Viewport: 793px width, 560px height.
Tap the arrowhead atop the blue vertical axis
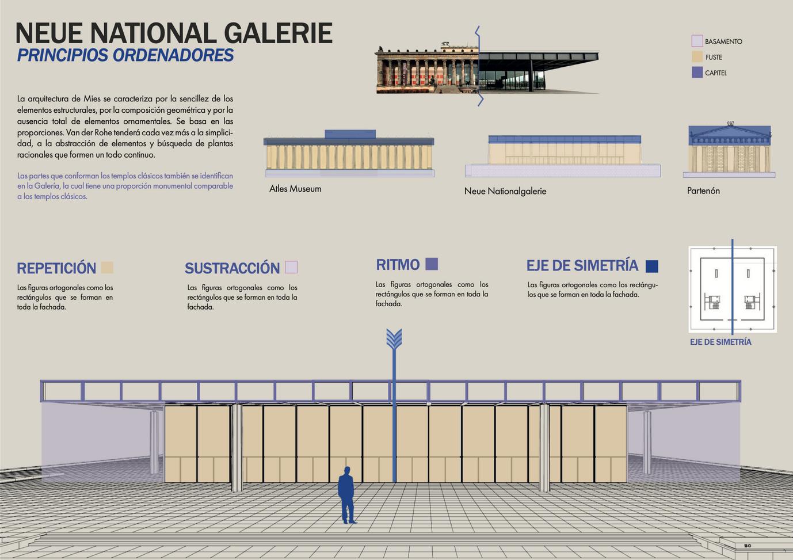(394, 339)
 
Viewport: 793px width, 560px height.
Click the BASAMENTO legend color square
(697, 41)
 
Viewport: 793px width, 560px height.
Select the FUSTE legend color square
(697, 56)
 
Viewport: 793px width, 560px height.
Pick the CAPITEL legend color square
(697, 73)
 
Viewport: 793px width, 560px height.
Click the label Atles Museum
(295, 189)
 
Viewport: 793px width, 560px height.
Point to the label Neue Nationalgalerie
(505, 191)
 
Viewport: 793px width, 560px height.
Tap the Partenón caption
(703, 191)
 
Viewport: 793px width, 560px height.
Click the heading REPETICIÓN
(56, 268)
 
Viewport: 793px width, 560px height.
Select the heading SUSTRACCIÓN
(232, 268)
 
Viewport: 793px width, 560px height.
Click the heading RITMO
(398, 265)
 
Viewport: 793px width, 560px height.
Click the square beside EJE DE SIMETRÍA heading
(652, 266)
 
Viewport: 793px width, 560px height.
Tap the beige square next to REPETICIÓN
(107, 268)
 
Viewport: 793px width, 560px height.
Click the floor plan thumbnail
(732, 289)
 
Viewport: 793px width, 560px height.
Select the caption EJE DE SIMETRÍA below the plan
(720, 342)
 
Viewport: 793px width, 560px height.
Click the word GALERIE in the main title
(278, 33)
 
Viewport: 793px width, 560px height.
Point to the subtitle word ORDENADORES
(173, 55)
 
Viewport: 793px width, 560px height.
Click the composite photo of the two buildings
(486, 69)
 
